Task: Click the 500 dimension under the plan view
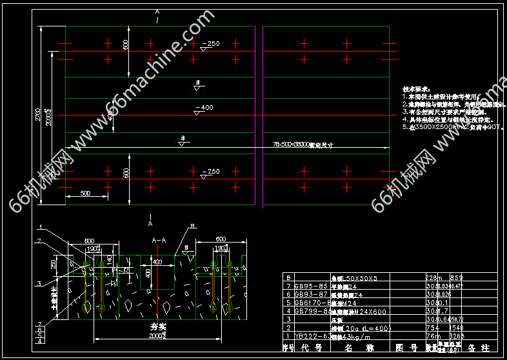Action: pos(85,193)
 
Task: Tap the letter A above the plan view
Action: pos(155,12)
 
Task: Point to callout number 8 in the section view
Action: pos(192,226)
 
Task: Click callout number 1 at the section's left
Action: pos(40,227)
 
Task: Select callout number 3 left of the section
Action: pos(40,283)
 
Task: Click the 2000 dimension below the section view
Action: pos(157,336)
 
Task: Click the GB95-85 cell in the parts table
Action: pos(312,285)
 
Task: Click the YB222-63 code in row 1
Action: pos(312,335)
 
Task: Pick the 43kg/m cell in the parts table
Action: pos(355,335)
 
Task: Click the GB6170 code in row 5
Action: pos(312,301)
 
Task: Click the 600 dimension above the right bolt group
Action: pos(220,239)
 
